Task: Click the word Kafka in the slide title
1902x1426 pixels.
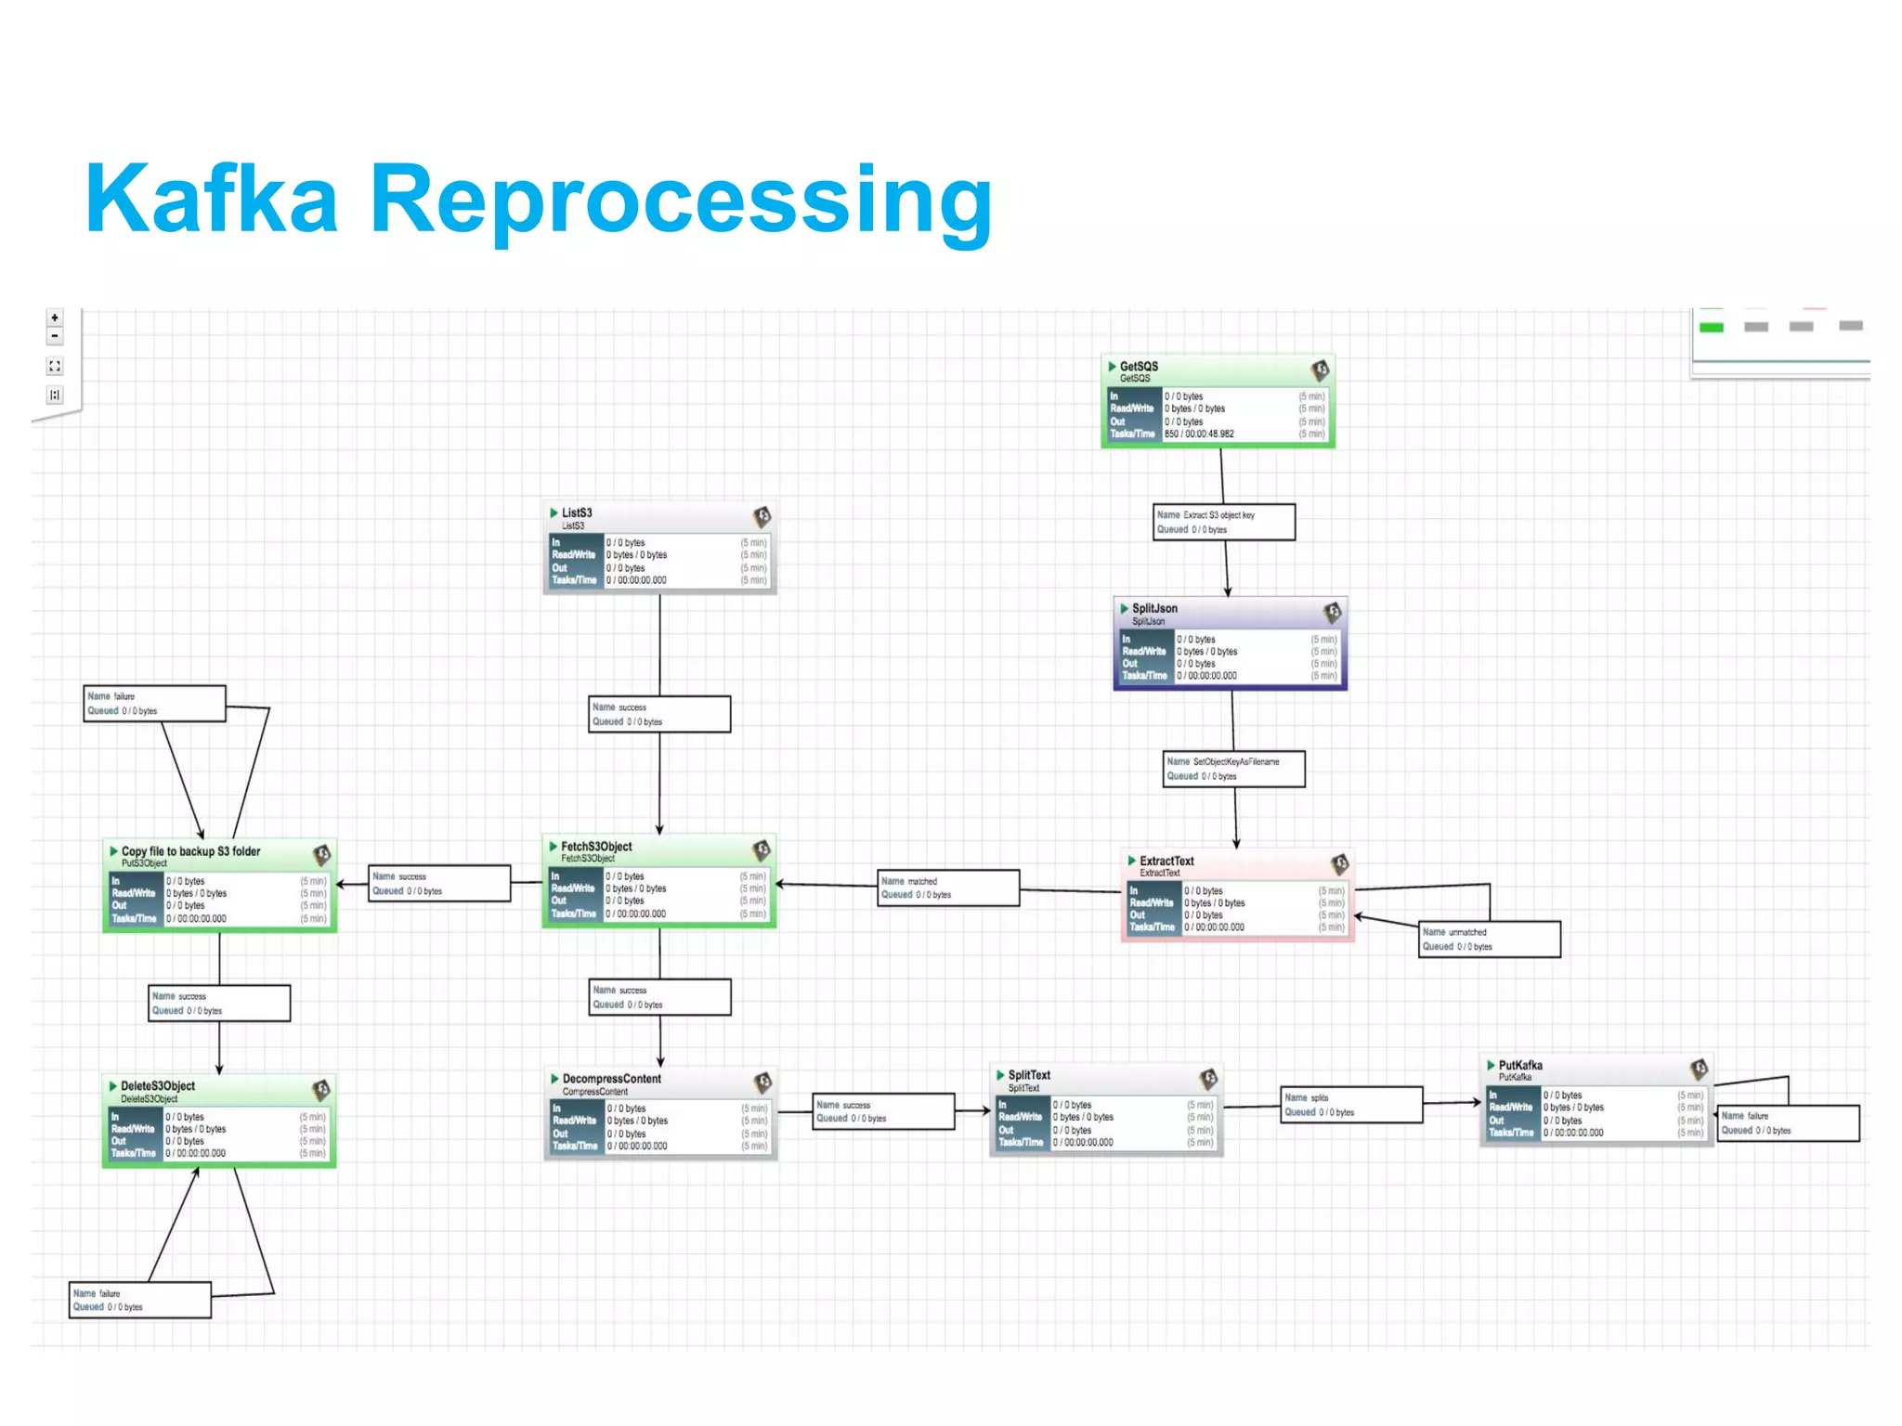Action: click(x=212, y=200)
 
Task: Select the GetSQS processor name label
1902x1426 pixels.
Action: click(x=1139, y=367)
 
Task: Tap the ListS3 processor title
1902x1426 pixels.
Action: click(x=576, y=512)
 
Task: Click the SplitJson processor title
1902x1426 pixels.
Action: click(x=1154, y=609)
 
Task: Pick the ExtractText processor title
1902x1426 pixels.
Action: click(x=1166, y=862)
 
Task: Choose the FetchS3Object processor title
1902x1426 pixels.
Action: click(x=596, y=847)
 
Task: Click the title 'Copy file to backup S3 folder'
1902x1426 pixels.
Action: click(x=190, y=851)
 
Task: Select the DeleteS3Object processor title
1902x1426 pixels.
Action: click(x=158, y=1086)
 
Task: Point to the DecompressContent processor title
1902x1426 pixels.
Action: click(x=611, y=1079)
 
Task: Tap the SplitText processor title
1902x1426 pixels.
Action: click(x=1029, y=1075)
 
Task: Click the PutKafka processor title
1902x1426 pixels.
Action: click(x=1520, y=1066)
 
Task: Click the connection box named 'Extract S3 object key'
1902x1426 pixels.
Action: click(x=1224, y=522)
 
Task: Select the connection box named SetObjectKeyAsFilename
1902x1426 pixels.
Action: click(x=1233, y=769)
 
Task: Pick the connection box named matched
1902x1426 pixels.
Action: click(x=948, y=888)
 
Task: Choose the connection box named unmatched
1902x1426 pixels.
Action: click(x=1489, y=939)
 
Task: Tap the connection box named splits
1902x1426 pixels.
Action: click(x=1351, y=1105)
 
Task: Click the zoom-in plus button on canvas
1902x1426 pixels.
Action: click(x=55, y=318)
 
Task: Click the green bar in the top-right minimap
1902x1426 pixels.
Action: click(x=1711, y=327)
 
